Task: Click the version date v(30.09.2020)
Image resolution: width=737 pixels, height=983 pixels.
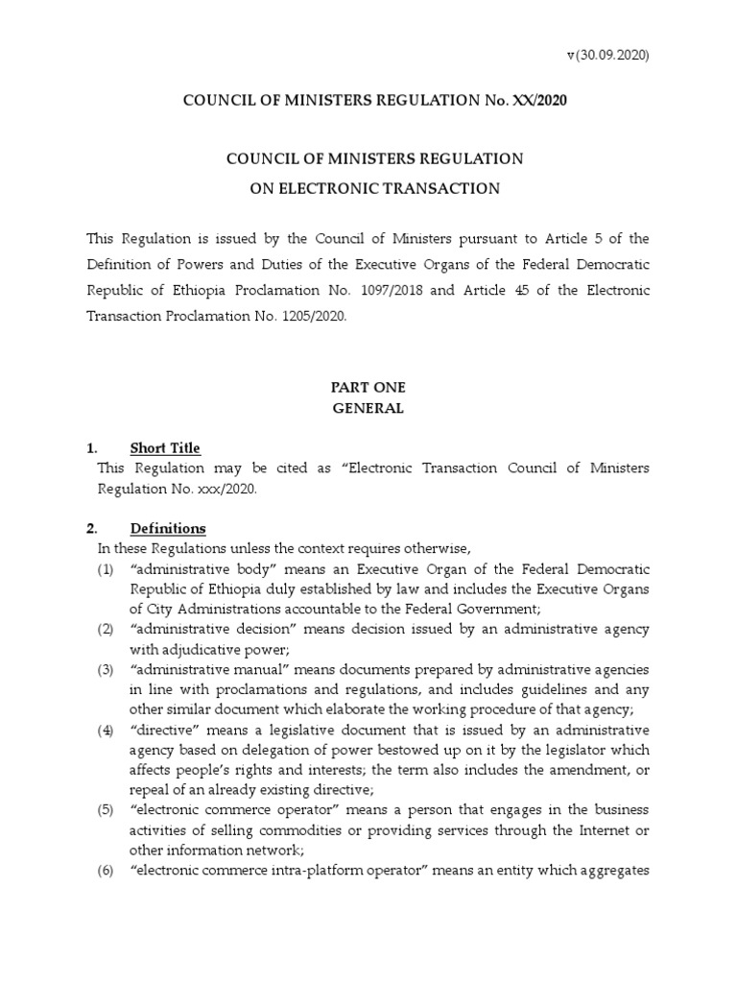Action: coord(607,55)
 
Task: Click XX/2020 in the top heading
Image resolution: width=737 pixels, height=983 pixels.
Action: coord(526,102)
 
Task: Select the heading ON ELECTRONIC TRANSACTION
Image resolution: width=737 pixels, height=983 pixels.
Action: coord(368,188)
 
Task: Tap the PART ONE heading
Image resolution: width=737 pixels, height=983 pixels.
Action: coord(368,387)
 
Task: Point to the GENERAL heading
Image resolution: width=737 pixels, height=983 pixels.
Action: coord(368,408)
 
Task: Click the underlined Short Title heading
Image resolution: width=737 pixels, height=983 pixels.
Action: coord(165,448)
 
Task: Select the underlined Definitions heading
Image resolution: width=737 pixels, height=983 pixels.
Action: coord(167,529)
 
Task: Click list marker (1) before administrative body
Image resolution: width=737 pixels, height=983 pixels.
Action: coord(106,569)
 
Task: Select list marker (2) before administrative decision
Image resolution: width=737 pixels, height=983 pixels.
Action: coord(106,629)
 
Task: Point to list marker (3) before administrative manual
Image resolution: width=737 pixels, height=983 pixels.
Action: coord(106,669)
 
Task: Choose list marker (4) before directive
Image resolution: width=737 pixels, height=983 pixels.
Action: coord(106,731)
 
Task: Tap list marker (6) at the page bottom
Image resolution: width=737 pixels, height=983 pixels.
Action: coord(106,871)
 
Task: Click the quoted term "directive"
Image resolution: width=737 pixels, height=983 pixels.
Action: coord(161,731)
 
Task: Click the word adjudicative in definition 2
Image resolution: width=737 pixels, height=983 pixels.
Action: coord(198,648)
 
